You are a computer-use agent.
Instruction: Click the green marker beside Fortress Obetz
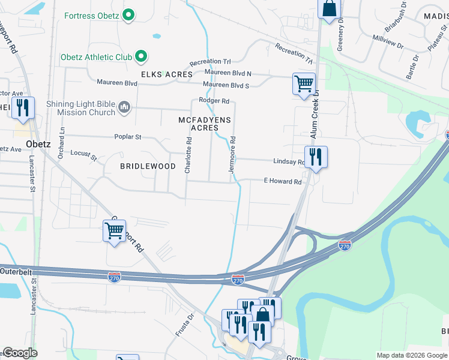pos(128,15)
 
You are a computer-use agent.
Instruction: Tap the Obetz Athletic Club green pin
pos(141,57)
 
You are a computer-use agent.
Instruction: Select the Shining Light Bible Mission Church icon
pos(124,108)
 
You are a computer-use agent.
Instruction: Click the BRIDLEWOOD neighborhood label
pos(148,166)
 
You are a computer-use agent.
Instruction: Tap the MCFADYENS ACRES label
pos(205,124)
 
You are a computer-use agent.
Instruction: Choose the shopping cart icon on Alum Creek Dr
pos(304,83)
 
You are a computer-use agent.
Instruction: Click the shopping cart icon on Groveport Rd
pos(114,230)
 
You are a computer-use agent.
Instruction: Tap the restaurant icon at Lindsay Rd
pos(316,158)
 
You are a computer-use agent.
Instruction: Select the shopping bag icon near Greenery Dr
pos(329,10)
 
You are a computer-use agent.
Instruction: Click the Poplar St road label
pos(128,137)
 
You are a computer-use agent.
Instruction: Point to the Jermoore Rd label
pos(232,155)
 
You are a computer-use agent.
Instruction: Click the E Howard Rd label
pos(282,181)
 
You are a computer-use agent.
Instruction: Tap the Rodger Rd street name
pos(214,101)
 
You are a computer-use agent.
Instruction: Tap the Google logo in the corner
pos(20,353)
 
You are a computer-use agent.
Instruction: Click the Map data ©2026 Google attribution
pos(412,355)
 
